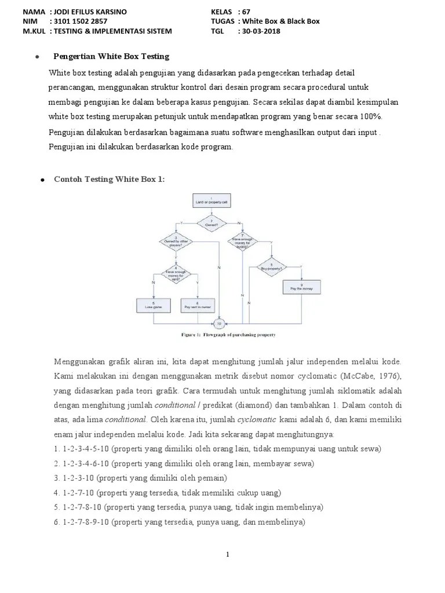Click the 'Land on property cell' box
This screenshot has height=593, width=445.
click(207, 201)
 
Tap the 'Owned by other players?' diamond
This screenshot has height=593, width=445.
click(176, 241)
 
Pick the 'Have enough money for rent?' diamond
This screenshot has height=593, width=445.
click(176, 274)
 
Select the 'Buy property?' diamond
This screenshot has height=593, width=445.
click(271, 268)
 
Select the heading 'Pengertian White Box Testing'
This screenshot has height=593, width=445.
click(111, 56)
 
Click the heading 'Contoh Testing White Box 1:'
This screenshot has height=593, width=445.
click(109, 180)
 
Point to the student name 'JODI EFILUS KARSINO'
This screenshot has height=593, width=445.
click(90, 12)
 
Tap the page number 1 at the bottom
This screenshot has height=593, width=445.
click(228, 555)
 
